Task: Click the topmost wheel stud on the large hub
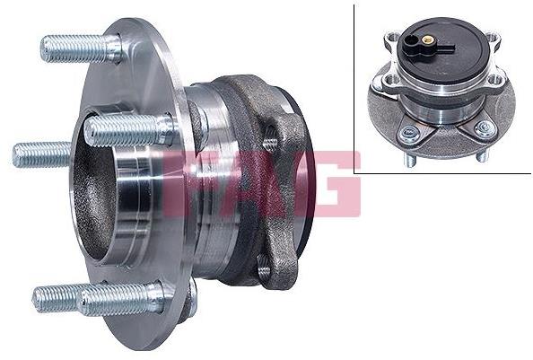tap(81, 49)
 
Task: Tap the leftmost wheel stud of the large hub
tap(41, 154)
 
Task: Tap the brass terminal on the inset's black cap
tap(426, 40)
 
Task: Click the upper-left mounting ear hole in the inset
tap(394, 37)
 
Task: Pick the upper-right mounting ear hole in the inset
tap(492, 37)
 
